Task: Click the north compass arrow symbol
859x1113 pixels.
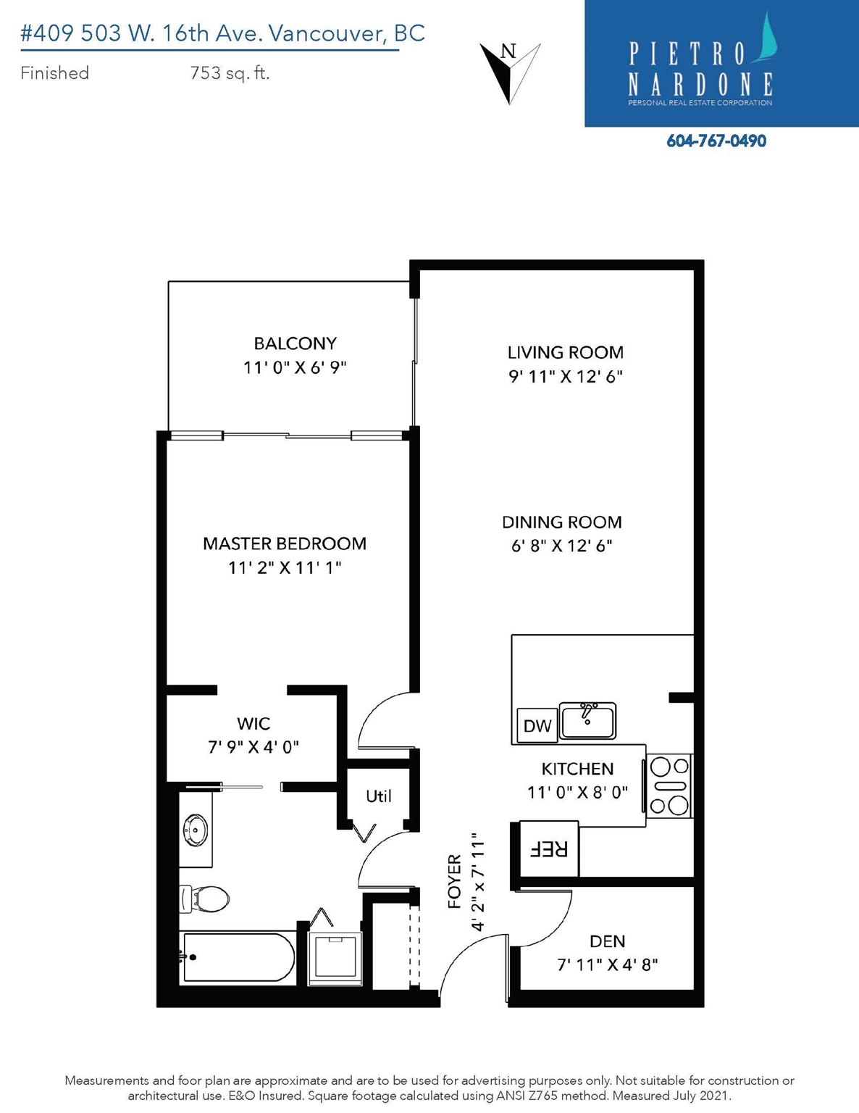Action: pyautogui.click(x=509, y=72)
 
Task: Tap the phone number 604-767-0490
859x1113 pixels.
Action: pyautogui.click(x=716, y=141)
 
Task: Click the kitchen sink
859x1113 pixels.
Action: pyautogui.click(x=587, y=721)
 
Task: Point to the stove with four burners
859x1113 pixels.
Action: pyautogui.click(x=669, y=786)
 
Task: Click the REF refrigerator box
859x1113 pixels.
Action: pyautogui.click(x=549, y=849)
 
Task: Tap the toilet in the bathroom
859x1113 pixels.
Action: pyautogui.click(x=204, y=899)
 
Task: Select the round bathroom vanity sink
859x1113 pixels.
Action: pyautogui.click(x=196, y=829)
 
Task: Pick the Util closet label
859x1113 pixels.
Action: pyautogui.click(x=379, y=796)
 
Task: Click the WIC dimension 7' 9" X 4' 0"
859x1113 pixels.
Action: pyautogui.click(x=253, y=747)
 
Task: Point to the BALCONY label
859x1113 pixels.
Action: pyautogui.click(x=296, y=343)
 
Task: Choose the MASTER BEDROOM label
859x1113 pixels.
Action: pyautogui.click(x=285, y=543)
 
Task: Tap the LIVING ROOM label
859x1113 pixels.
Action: pyautogui.click(x=566, y=352)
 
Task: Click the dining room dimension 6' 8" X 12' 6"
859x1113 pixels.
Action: pyautogui.click(x=562, y=546)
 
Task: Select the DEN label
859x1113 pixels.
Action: pyautogui.click(x=607, y=941)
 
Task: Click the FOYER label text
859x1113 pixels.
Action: pyautogui.click(x=455, y=882)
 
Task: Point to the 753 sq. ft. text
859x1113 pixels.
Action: pyautogui.click(x=230, y=73)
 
